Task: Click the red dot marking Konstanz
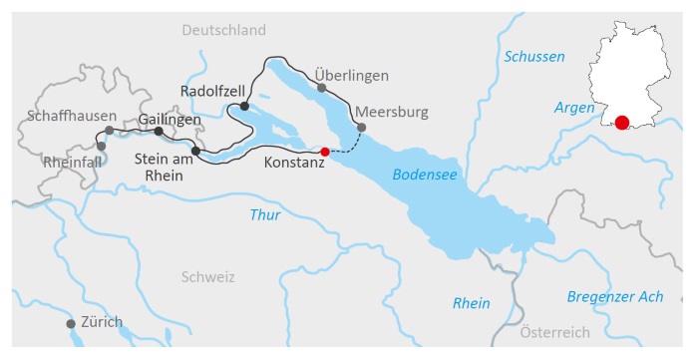tap(324, 152)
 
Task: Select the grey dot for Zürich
tap(71, 324)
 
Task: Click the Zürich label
tap(103, 321)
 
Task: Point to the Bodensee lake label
tap(424, 174)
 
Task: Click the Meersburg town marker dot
tap(362, 128)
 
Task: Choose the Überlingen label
tap(351, 76)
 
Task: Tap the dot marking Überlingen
tap(321, 88)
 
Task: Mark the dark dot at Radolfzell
tap(244, 105)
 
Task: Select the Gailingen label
tap(170, 119)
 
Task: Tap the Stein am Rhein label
tap(164, 165)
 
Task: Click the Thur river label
tap(265, 214)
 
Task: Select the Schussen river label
tap(534, 57)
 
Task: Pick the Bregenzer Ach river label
tap(615, 296)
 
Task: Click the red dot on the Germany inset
tap(621, 123)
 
